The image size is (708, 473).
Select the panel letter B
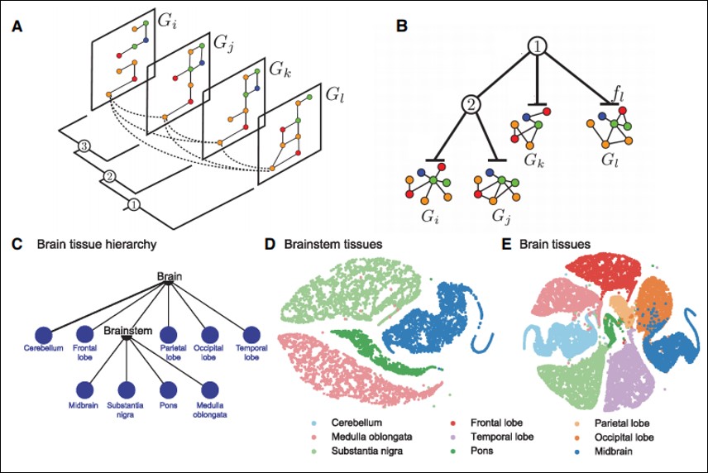(401, 26)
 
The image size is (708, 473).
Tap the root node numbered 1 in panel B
(538, 48)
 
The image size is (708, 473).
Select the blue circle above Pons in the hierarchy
(169, 389)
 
